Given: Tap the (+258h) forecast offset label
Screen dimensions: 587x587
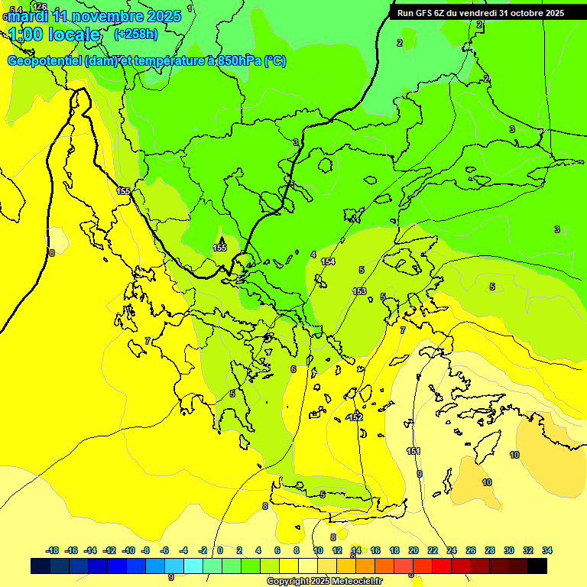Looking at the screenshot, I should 136,34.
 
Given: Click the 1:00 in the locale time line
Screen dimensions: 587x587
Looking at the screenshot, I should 25,34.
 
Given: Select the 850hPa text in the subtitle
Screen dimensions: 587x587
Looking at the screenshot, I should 235,61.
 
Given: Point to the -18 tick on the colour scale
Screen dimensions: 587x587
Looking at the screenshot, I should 53,550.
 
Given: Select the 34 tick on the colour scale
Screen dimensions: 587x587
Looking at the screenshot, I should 547,550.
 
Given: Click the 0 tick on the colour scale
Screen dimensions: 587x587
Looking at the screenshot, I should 220,550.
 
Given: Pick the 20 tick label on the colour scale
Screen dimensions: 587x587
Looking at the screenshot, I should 413,550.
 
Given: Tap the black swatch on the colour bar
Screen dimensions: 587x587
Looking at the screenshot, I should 537,566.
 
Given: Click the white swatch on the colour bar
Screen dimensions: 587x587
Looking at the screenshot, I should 308,566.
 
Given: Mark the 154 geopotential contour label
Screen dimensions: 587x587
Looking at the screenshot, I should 328,261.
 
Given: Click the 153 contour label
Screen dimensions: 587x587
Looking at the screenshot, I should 359,291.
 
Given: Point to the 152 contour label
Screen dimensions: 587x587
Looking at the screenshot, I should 355,417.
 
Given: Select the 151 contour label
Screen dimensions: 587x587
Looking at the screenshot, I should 413,451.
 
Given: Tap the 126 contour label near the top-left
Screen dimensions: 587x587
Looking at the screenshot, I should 40,7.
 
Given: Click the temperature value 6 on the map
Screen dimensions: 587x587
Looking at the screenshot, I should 293,369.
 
